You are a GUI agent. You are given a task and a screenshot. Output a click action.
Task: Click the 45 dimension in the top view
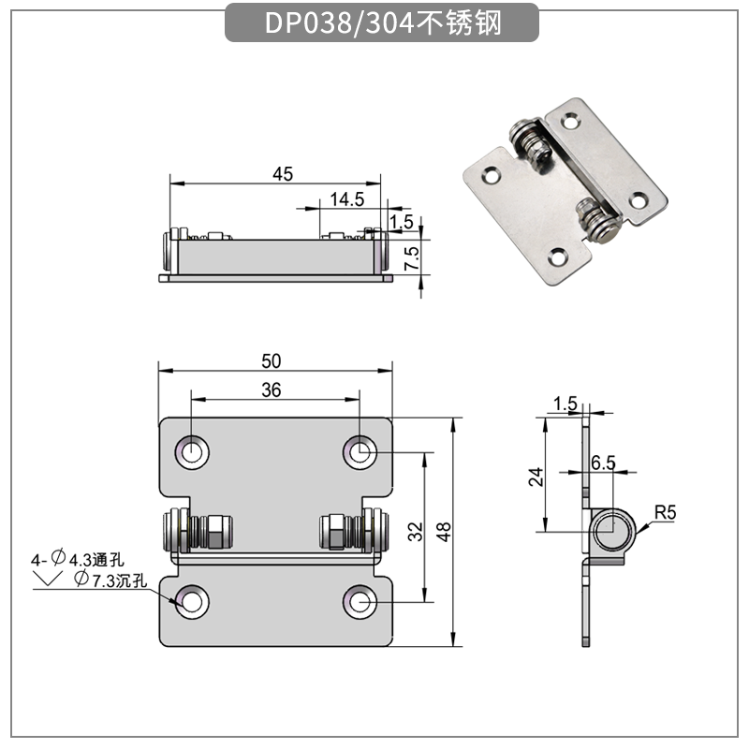tap(283, 173)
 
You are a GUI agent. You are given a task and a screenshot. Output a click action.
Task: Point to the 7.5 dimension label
tap(410, 255)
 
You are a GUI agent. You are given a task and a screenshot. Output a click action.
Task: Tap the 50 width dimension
tap(272, 360)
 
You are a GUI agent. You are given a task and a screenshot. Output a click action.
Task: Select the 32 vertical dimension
tap(416, 531)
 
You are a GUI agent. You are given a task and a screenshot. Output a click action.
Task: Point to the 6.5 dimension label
tap(603, 463)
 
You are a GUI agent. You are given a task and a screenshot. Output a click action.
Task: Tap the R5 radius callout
tap(665, 512)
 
